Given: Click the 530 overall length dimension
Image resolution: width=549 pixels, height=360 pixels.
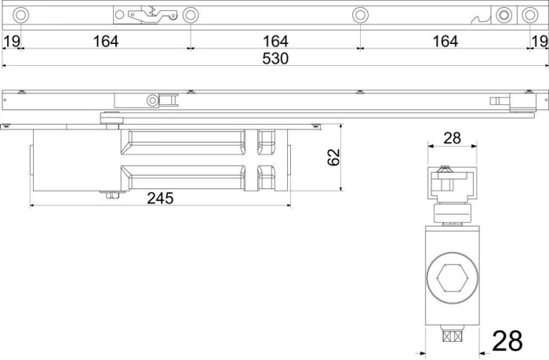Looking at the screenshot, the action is click(275, 59).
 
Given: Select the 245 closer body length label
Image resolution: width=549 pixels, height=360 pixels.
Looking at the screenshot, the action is click(160, 198).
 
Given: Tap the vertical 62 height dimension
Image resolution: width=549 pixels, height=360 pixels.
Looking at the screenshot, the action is click(333, 157).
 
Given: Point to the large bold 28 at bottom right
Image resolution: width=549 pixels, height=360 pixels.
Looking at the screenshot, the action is click(507, 340).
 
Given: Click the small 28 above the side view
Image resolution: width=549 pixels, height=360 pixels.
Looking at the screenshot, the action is click(452, 138).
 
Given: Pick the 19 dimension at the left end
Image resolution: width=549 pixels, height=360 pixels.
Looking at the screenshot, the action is click(12, 42).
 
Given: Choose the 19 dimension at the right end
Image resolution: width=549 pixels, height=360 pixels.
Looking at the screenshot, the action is click(540, 42).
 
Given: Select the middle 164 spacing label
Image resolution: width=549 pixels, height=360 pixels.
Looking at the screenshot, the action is click(275, 42).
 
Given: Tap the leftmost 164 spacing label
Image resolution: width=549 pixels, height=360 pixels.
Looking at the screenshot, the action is click(106, 42).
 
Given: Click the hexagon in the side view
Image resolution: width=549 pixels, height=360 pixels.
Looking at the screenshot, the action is click(453, 278).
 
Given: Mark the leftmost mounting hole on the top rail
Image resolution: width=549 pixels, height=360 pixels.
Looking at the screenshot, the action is click(20, 15).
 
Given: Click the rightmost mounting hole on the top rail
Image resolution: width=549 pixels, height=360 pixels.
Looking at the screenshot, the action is click(530, 15).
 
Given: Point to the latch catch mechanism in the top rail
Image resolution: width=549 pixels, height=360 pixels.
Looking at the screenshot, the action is click(153, 15).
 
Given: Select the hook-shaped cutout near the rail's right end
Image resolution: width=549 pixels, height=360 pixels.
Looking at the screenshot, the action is click(481, 20).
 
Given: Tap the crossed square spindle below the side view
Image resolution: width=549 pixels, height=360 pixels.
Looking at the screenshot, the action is click(453, 336).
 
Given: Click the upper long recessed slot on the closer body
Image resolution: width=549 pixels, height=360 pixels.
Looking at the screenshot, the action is click(183, 143).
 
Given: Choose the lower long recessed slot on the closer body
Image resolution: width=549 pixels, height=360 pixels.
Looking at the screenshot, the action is click(183, 177).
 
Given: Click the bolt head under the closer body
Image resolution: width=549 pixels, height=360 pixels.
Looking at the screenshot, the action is click(113, 195).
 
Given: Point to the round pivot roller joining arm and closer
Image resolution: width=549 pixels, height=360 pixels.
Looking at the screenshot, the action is click(111, 118).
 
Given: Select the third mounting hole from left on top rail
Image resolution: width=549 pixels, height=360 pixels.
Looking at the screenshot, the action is click(360, 15).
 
